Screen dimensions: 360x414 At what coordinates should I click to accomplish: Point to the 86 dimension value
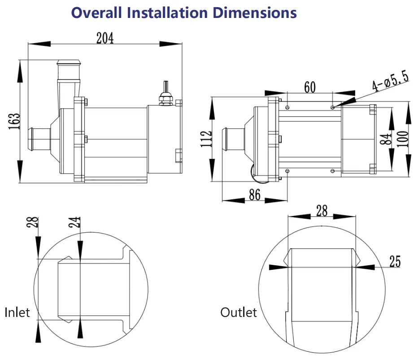[x=254, y=195]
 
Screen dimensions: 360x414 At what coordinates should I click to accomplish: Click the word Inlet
[x=17, y=312]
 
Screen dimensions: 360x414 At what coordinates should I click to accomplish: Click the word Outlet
[x=239, y=312]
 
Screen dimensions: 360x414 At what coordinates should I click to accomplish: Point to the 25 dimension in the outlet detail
[x=395, y=262]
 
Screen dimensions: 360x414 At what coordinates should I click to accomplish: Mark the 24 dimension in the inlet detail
[x=77, y=222]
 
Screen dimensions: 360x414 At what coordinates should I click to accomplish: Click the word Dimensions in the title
[x=254, y=12]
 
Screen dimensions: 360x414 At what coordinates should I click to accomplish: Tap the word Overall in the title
[x=97, y=12]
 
